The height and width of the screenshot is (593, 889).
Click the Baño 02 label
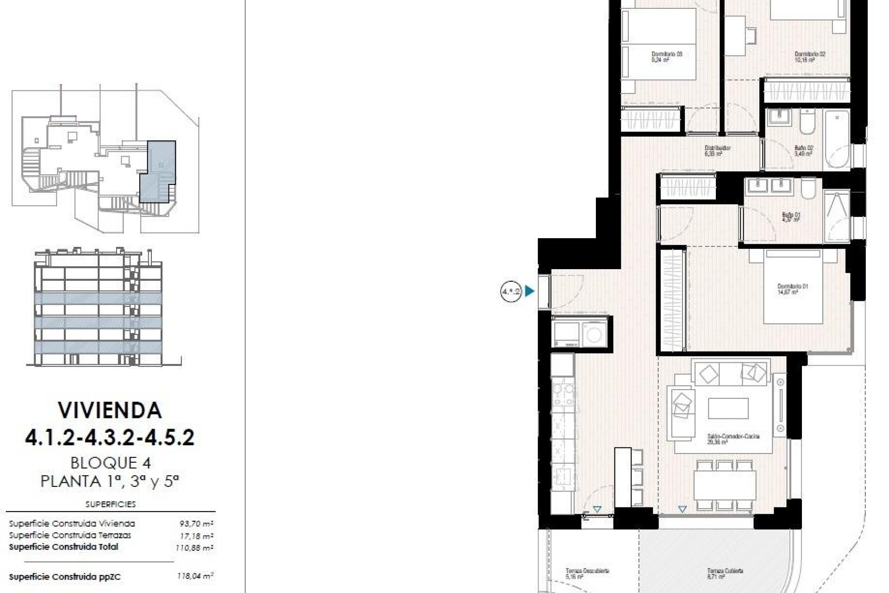coord(803,151)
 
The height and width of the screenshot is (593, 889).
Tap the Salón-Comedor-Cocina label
coord(733,439)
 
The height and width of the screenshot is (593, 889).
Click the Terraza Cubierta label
coord(725,574)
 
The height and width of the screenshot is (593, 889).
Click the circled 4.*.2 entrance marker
coord(511,291)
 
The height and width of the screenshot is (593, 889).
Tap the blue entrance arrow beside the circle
coord(530,291)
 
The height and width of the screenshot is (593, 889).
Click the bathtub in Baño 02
coord(837,139)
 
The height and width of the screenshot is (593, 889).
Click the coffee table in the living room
coord(728,408)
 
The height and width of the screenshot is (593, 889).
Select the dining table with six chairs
coord(725,485)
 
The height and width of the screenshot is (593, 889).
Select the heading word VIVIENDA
coord(110,410)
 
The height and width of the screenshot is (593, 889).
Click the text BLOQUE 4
coord(111,463)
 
